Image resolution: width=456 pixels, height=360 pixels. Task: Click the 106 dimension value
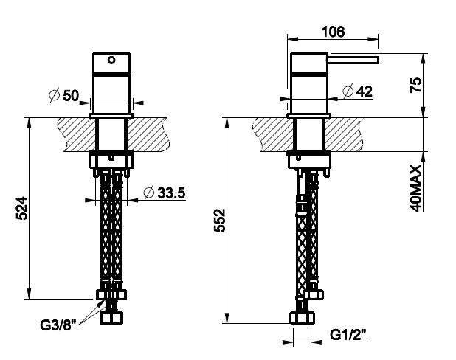pyautogui.click(x=333, y=32)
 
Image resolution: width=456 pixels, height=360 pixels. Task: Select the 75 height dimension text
pyautogui.click(x=415, y=85)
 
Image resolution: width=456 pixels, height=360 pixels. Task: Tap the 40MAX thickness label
pyautogui.click(x=415, y=188)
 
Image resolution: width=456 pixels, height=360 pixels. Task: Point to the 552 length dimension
pyautogui.click(x=220, y=220)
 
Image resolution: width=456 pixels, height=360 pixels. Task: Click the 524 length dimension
pyautogui.click(x=22, y=209)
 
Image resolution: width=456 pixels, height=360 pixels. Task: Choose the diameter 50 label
pyautogui.click(x=64, y=95)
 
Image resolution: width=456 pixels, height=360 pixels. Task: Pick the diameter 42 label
pyautogui.click(x=358, y=91)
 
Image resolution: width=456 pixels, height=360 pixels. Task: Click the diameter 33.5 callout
pyautogui.click(x=165, y=193)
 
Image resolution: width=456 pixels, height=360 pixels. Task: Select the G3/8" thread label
pyautogui.click(x=58, y=325)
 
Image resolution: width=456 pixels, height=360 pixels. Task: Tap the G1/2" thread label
pyautogui.click(x=348, y=335)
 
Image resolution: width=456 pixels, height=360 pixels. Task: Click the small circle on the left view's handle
pyautogui.click(x=111, y=60)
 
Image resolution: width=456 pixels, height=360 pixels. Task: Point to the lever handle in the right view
pyautogui.click(x=353, y=60)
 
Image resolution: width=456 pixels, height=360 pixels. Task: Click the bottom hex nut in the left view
pyautogui.click(x=111, y=317)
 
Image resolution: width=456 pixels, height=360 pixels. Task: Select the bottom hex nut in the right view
pyautogui.click(x=303, y=317)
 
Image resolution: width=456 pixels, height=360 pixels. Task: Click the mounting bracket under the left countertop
pyautogui.click(x=111, y=159)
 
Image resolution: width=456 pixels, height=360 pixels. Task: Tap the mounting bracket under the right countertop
pyautogui.click(x=309, y=160)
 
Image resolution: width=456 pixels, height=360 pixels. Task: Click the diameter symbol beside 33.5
pyautogui.click(x=148, y=193)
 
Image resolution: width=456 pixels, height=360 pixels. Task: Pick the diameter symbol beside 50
pyautogui.click(x=55, y=95)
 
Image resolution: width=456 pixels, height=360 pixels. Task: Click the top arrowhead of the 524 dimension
pyautogui.click(x=29, y=122)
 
